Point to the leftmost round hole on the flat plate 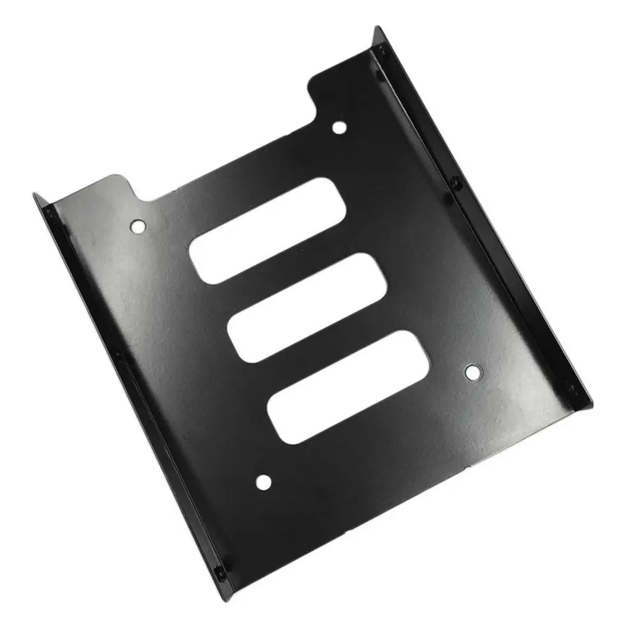pyautogui.click(x=138, y=225)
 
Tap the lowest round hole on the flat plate pyautogui.click(x=262, y=483)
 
